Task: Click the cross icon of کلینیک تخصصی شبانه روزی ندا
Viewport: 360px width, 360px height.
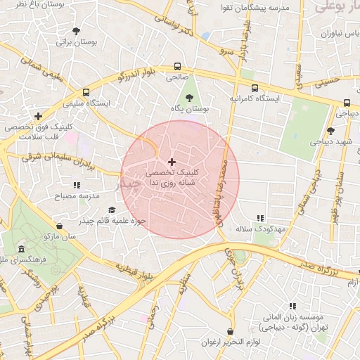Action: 172,162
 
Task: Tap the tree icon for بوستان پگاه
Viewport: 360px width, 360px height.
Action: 189,98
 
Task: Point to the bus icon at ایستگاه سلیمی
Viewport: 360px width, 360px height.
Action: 86,92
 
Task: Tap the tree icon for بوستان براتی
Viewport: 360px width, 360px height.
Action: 76,31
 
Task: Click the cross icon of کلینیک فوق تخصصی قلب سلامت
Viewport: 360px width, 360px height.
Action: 38,116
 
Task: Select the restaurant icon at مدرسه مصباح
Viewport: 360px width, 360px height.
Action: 77,185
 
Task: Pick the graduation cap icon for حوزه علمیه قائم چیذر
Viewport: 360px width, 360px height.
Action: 111,210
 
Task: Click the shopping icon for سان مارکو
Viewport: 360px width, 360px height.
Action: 58,226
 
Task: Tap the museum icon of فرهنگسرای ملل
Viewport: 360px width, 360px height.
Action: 22,250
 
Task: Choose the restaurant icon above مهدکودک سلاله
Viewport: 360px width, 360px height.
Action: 260,219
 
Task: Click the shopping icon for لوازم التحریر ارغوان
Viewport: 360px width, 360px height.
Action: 231,331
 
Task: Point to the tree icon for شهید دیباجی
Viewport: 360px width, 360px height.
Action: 330,130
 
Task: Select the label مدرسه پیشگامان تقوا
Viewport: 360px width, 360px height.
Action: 256,8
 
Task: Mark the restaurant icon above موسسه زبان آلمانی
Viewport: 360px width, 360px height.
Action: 293,306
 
